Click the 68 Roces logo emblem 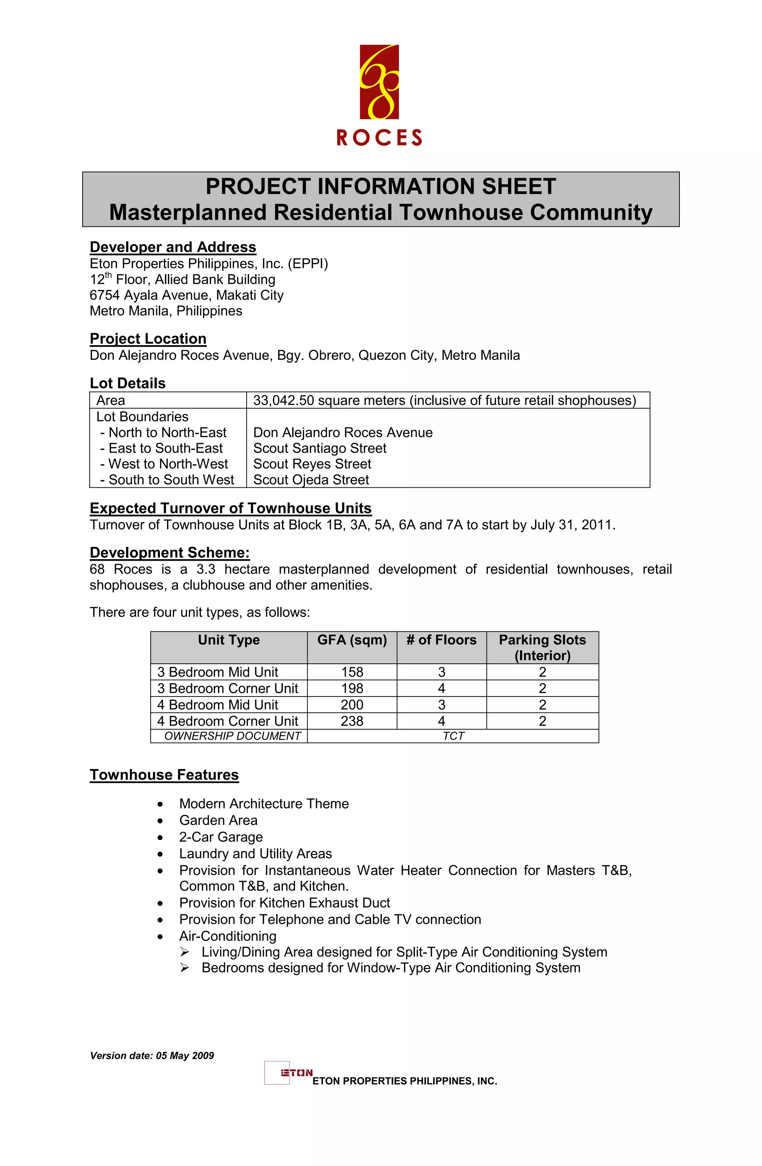point(379,82)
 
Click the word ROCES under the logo point(379,138)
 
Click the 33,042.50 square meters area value point(444,400)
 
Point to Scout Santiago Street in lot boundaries point(319,448)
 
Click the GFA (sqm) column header point(352,640)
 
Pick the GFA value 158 point(352,672)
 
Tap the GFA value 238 point(352,721)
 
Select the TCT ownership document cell point(453,736)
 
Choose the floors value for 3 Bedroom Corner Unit point(441,688)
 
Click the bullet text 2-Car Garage point(221,837)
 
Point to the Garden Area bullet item point(218,820)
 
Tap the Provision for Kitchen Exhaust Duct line point(285,902)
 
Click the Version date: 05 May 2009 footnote point(152,1056)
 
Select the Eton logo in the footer point(289,1073)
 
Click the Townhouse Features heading point(164,775)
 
